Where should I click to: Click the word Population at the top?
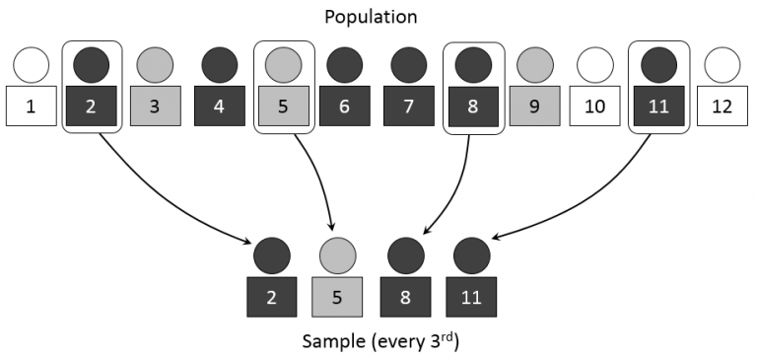378,17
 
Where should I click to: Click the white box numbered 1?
31,106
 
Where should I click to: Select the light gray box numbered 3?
155,106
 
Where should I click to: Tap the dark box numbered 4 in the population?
219,106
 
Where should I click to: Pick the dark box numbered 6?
343,106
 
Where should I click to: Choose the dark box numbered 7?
409,106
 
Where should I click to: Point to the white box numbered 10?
594,106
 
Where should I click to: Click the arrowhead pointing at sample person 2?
247,242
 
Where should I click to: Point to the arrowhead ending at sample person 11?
494,236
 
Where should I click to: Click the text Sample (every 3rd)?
378,342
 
